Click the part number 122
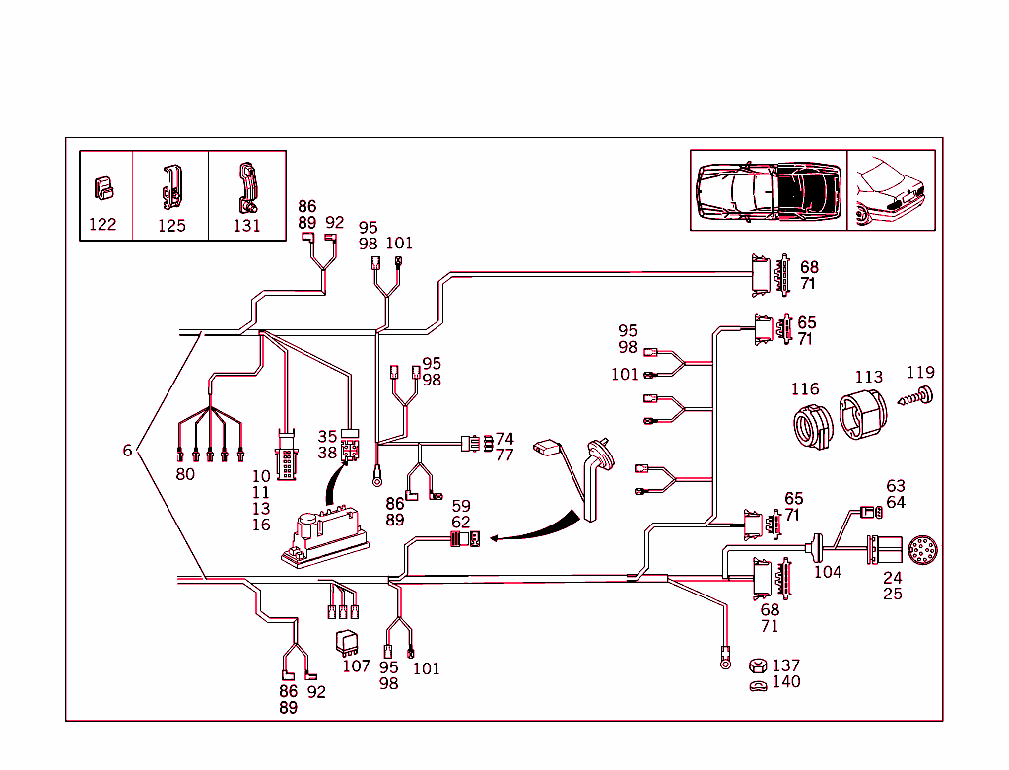coord(102,224)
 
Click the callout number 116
coord(804,389)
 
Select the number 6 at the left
coord(127,451)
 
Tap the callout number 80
coord(185,474)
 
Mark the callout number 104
coord(828,572)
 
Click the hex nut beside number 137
coord(758,666)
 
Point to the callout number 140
coord(786,682)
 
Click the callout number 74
coord(504,439)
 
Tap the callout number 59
coord(461,507)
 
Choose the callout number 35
coord(327,436)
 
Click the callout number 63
coord(895,486)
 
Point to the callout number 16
coord(260,525)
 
